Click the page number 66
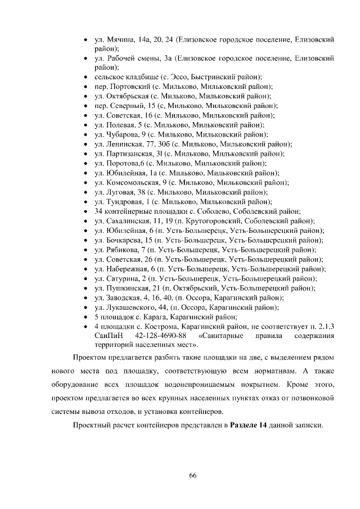(x=192, y=475)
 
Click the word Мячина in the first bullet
(x=118, y=40)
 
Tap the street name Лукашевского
(x=129, y=307)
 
